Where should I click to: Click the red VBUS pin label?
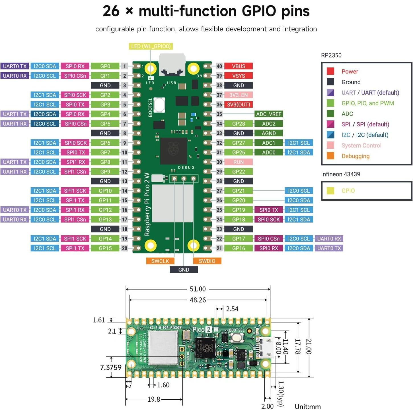(x=238, y=66)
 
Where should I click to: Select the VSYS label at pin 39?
(x=238, y=76)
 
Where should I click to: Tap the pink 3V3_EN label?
(x=238, y=95)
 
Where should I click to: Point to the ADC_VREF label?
(x=268, y=114)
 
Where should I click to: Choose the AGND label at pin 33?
(x=268, y=133)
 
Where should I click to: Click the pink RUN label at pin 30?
(x=238, y=162)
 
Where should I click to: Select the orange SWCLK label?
(x=160, y=261)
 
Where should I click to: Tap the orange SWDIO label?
(x=207, y=261)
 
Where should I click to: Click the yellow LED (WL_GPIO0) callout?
(x=151, y=46)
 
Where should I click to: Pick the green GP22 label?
(x=238, y=172)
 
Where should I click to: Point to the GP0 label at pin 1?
(x=105, y=66)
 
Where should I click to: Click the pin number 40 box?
(x=219, y=66)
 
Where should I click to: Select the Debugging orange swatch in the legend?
(x=330, y=156)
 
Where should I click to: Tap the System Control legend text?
(x=361, y=145)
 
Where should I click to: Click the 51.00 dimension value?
(x=198, y=289)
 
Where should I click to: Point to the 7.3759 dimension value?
(x=111, y=367)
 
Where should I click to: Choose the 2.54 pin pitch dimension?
(x=232, y=309)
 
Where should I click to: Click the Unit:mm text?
(x=308, y=407)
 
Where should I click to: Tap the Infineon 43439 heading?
(x=340, y=174)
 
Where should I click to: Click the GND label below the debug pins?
(x=184, y=270)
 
